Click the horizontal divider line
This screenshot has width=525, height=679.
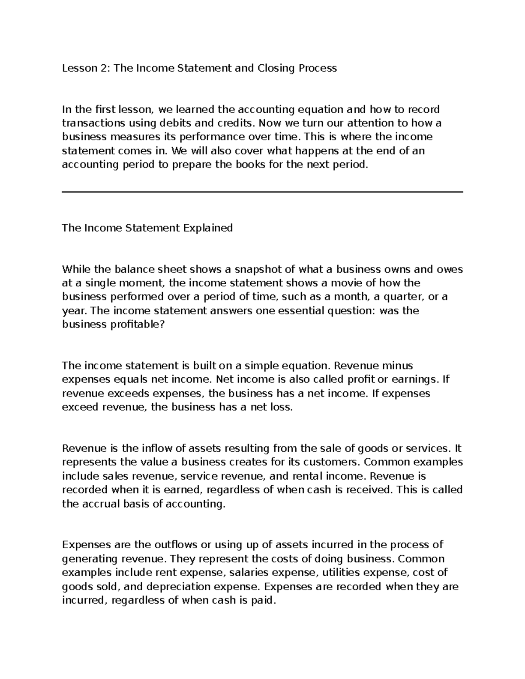coord(262,192)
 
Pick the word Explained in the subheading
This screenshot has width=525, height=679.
coord(208,228)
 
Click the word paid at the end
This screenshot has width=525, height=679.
coord(264,601)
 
